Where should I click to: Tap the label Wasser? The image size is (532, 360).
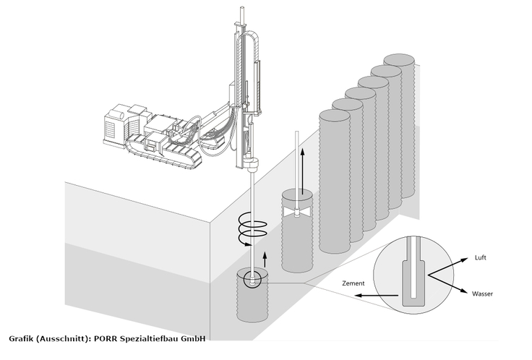pyautogui.click(x=483, y=294)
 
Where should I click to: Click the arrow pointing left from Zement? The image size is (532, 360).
pyautogui.click(x=376, y=296)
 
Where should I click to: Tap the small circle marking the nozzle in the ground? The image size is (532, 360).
pyautogui.click(x=253, y=279)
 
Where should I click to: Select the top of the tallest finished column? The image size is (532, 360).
pyautogui.click(x=403, y=60)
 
